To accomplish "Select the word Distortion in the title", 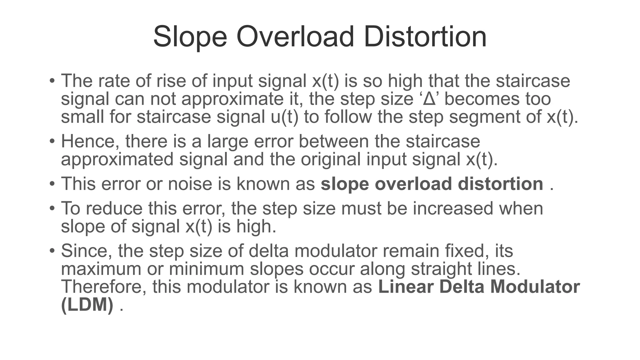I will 425,37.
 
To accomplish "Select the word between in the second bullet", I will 334,141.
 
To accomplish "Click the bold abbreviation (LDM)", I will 87,305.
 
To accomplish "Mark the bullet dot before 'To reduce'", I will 52,209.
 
